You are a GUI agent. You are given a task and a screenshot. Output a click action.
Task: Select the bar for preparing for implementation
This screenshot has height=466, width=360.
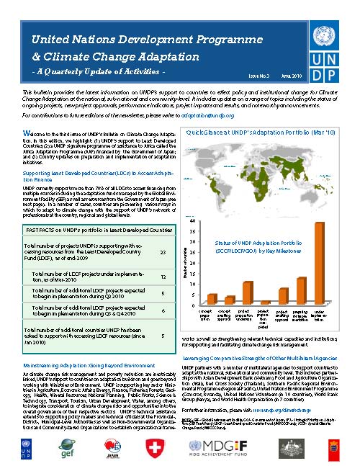click(x=302, y=290)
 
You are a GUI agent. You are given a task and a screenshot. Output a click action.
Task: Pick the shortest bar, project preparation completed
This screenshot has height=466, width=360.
click(x=266, y=302)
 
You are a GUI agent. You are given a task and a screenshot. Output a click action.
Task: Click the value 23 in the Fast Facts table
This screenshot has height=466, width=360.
click(x=163, y=253)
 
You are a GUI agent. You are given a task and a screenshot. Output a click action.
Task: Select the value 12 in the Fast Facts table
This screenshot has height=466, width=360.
click(x=163, y=276)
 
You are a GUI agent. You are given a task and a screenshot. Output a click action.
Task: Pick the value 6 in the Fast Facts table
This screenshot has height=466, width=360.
click(x=163, y=310)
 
